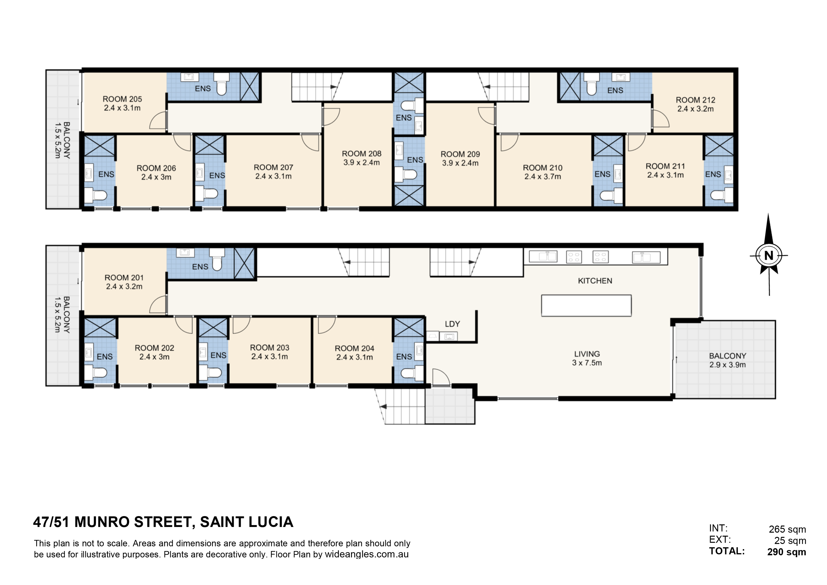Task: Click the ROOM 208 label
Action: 362,154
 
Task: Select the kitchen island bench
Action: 586,305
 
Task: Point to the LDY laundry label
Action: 452,324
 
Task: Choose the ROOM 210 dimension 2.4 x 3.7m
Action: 543,177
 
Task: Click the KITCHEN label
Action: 595,281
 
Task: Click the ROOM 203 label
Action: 270,348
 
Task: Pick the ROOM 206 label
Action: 156,168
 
